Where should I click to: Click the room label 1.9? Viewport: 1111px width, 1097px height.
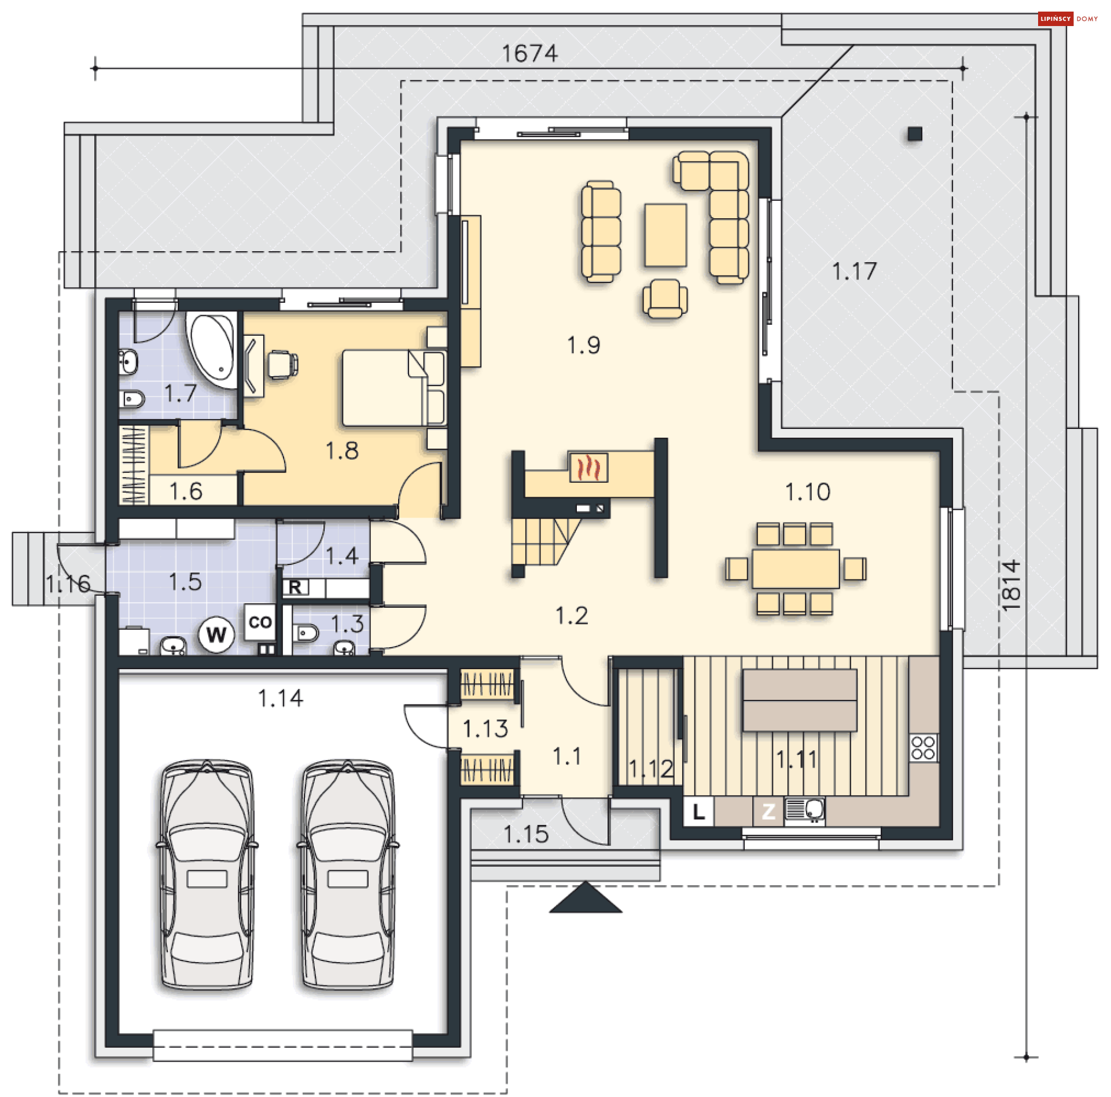coord(583,345)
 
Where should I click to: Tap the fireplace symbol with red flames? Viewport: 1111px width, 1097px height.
coord(588,467)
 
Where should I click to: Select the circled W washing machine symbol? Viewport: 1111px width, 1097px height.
coord(216,634)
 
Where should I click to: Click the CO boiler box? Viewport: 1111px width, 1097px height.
coord(260,622)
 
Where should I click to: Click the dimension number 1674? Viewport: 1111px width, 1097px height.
coord(529,54)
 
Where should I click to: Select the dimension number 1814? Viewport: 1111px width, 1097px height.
coord(1011,585)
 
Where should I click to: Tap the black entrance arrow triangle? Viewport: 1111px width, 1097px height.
coord(586,898)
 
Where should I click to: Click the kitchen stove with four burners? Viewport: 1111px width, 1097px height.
coord(923,747)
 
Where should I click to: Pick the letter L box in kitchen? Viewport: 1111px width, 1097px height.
coord(699,812)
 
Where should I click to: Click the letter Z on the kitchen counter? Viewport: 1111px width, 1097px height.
coord(768,812)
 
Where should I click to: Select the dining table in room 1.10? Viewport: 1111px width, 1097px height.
coord(796,568)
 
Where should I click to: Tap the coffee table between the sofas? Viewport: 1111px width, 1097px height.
coord(665,234)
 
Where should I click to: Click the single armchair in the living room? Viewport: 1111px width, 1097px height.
coord(665,299)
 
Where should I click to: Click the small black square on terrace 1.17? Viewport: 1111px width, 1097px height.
coord(914,134)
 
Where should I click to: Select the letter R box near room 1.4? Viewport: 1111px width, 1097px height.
coord(295,587)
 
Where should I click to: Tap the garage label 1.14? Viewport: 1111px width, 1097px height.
coord(280,698)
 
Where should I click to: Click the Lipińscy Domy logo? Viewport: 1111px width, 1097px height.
coord(1068,19)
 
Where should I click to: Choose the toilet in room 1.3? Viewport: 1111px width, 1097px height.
coord(306,633)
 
